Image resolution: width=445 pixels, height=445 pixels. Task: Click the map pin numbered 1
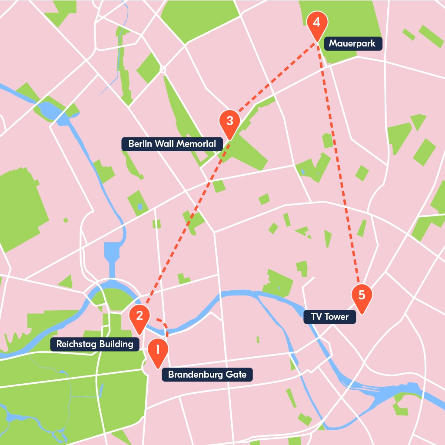click(157, 350)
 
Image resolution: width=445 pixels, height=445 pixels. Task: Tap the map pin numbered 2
click(140, 316)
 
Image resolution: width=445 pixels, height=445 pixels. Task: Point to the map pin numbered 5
click(362, 296)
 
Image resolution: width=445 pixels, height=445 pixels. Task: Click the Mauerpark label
click(353, 43)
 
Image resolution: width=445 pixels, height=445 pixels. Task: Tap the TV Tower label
click(330, 317)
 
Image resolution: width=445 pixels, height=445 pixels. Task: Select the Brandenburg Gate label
click(207, 375)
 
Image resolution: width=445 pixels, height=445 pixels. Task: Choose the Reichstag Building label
click(95, 345)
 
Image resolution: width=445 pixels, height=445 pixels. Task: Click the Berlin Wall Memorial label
click(172, 144)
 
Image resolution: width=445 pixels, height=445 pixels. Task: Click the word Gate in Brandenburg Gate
click(236, 375)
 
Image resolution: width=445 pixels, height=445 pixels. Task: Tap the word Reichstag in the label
click(70, 345)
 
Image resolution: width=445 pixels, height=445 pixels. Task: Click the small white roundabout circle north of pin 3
click(163, 69)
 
